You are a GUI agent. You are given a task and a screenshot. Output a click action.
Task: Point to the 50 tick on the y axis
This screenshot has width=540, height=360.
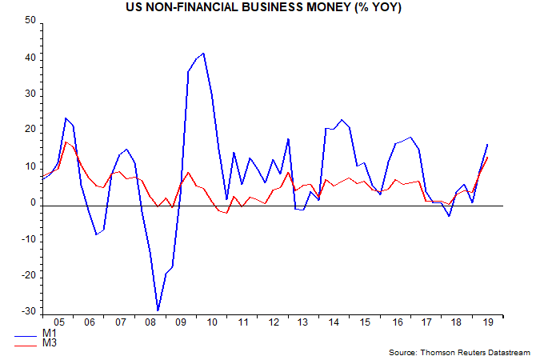pos(30,20)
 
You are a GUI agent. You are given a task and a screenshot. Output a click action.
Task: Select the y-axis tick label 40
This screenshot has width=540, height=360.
pos(30,58)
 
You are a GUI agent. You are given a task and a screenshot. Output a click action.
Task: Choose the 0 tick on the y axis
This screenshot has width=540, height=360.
pos(34,203)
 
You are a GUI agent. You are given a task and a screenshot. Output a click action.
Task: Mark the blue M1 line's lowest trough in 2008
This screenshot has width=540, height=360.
pos(158,310)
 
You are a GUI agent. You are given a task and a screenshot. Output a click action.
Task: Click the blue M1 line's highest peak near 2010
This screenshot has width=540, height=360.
pos(204,53)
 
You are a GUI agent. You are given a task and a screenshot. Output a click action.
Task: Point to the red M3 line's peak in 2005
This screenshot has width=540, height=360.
pos(66,142)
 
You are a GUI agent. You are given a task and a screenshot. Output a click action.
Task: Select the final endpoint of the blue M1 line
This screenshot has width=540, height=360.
pos(488,144)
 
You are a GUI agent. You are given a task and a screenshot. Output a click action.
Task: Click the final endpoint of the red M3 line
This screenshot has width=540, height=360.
pos(488,157)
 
